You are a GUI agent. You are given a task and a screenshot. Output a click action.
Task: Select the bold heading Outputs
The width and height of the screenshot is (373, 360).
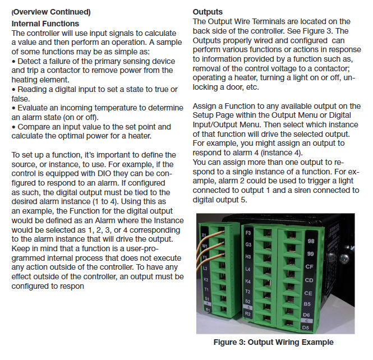208,12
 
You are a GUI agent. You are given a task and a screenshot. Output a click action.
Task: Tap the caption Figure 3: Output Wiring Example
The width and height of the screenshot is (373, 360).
273,342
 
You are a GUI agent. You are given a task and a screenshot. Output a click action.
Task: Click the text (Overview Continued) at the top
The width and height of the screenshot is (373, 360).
50,12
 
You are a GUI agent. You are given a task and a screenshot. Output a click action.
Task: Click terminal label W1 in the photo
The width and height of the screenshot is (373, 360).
206,244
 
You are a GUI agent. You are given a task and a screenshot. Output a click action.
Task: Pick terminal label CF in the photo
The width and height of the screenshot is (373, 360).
310,267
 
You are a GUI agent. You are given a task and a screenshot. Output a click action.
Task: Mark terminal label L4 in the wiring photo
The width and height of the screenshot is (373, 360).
248,269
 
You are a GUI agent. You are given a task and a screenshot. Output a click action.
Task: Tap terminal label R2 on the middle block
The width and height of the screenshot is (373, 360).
248,315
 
